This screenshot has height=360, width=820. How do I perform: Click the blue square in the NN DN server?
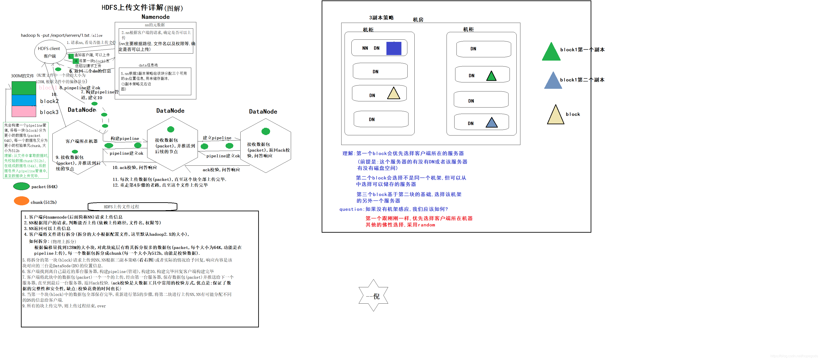coord(393,48)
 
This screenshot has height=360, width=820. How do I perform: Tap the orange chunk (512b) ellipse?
coord(22,201)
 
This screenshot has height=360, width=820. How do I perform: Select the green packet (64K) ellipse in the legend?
coord(21,186)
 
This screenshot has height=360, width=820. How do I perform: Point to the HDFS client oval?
coord(50,51)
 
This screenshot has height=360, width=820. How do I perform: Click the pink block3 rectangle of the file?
coord(24,111)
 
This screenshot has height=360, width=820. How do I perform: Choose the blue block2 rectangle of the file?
coord(24,100)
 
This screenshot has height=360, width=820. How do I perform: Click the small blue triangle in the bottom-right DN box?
coord(492,123)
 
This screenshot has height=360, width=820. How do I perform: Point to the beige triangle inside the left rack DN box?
coord(393,94)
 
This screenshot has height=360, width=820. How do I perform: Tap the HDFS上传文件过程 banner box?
coord(132,207)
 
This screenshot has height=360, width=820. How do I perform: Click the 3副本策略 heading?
coord(381,18)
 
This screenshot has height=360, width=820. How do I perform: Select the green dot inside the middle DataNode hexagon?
coord(171,129)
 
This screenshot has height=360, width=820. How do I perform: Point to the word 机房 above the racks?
coord(418,20)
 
